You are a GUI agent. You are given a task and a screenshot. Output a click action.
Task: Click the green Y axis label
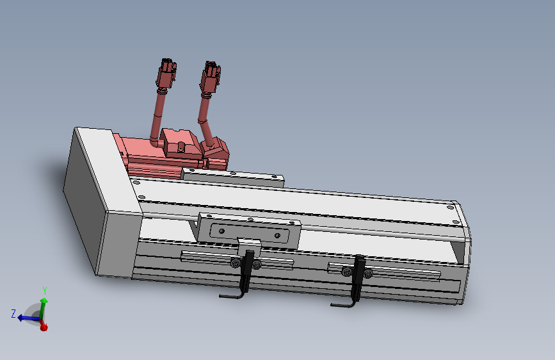[x=45, y=291]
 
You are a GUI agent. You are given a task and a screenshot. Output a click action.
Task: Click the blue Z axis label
[x=13, y=313]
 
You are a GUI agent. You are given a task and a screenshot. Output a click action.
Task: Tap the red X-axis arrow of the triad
[x=44, y=327]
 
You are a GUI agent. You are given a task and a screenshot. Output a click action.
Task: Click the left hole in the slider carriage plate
[x=221, y=231]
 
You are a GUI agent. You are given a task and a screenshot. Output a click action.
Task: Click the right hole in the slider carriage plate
[x=277, y=236]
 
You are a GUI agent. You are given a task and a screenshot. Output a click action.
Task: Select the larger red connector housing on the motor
[x=181, y=142]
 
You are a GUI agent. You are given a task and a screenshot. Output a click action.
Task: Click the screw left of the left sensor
[x=236, y=264]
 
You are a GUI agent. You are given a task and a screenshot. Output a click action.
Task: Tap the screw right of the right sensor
[x=369, y=275]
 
